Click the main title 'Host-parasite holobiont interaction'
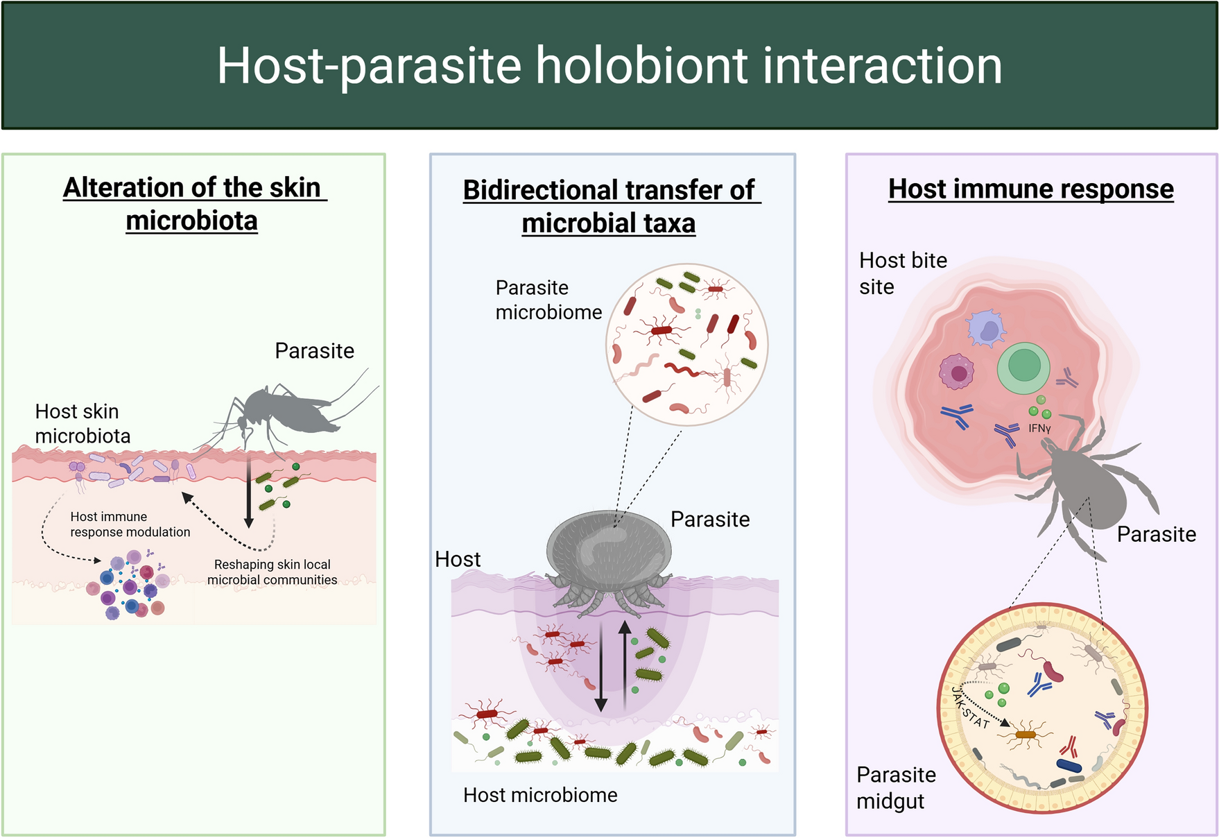pyautogui.click(x=609, y=66)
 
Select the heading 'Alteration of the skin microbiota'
pyautogui.click(x=194, y=204)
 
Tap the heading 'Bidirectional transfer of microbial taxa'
pyautogui.click(x=611, y=206)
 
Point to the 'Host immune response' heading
pyautogui.click(x=1031, y=189)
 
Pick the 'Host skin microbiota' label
pyautogui.click(x=83, y=423)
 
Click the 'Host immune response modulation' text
pyautogui.click(x=130, y=524)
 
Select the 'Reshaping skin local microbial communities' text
pyautogui.click(x=272, y=572)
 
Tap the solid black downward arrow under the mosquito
pyautogui.click(x=249, y=491)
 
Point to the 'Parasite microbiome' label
pyautogui.click(x=548, y=300)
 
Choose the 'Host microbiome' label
pyautogui.click(x=540, y=795)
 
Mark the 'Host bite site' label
pyautogui.click(x=903, y=273)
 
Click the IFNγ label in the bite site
pyautogui.click(x=1039, y=429)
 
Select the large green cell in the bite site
pyautogui.click(x=1024, y=367)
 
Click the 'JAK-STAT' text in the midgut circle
pyautogui.click(x=970, y=707)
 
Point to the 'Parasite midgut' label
pyautogui.click(x=896, y=787)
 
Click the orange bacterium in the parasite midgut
pyautogui.click(x=1025, y=734)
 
